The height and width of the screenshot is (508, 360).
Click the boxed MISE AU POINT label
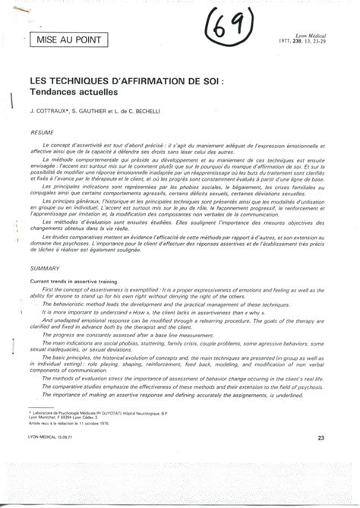63,37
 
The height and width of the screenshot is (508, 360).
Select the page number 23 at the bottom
321,438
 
